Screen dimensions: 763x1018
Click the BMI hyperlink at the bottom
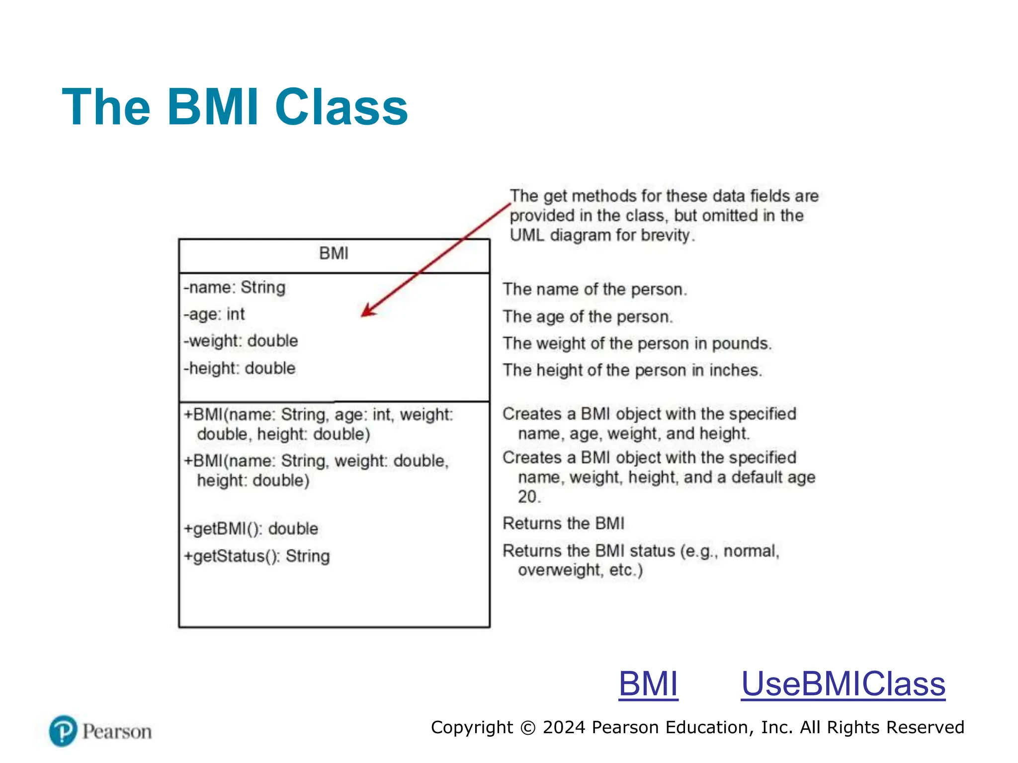point(648,684)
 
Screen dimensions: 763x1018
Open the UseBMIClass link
point(843,684)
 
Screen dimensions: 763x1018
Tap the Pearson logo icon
point(63,731)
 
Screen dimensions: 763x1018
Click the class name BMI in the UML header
point(334,253)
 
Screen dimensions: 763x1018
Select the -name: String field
point(235,288)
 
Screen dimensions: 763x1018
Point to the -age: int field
point(214,314)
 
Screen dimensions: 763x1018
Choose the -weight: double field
point(241,341)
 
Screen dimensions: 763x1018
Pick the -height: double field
point(240,369)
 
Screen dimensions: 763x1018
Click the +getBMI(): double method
point(251,529)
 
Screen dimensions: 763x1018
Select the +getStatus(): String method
point(256,556)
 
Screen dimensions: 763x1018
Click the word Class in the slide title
point(341,107)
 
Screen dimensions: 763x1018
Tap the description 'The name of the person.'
point(594,290)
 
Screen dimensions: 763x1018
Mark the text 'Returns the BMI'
point(563,524)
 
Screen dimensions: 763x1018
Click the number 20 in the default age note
point(527,497)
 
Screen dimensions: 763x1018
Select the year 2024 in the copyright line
point(564,727)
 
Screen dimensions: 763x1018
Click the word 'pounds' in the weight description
point(741,344)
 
